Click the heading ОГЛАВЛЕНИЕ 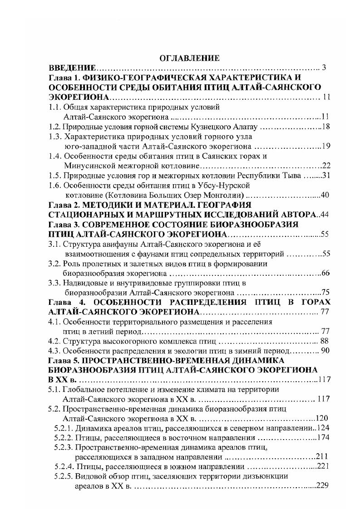189,58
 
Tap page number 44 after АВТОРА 324,215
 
